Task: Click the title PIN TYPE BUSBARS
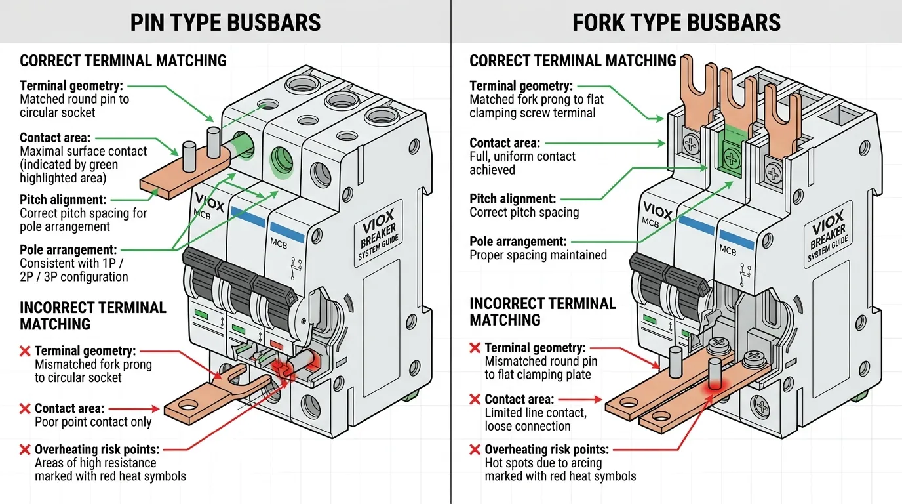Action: (x=226, y=22)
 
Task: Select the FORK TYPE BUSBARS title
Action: (x=676, y=22)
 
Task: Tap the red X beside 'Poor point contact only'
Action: (x=25, y=408)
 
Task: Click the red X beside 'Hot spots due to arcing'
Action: (x=475, y=450)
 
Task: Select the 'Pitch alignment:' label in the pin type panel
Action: (x=63, y=199)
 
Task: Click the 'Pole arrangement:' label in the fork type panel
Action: (x=518, y=241)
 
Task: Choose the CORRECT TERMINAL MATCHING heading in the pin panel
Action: (x=123, y=61)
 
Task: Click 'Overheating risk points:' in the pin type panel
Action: (x=96, y=450)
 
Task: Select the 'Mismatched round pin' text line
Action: (x=541, y=361)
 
